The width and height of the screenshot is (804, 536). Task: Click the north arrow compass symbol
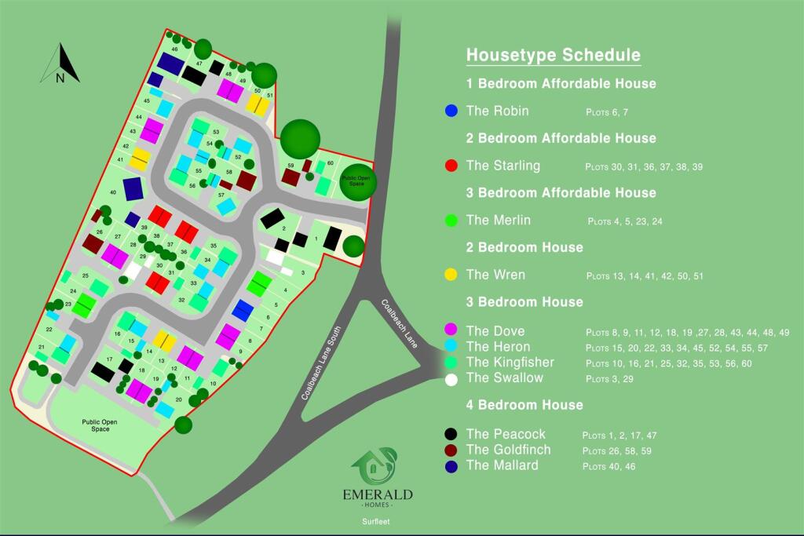(60, 64)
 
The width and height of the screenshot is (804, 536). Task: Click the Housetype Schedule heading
(553, 55)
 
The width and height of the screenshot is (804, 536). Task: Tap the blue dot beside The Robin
(451, 111)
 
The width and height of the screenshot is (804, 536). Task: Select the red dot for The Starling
(451, 166)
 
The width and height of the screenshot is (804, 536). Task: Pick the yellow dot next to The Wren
(451, 275)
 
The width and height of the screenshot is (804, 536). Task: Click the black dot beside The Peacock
(451, 434)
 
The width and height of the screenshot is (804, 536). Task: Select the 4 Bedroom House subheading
(524, 405)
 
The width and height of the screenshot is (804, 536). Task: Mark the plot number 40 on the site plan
(113, 192)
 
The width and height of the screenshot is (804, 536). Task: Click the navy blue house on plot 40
(133, 188)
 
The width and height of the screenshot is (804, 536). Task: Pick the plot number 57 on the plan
(221, 195)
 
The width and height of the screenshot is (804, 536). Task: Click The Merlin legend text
(498, 221)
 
